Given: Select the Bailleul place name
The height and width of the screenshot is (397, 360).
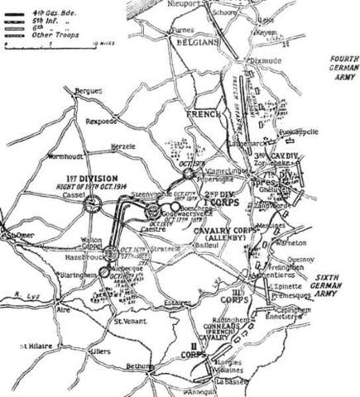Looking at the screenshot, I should tap(203, 246).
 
